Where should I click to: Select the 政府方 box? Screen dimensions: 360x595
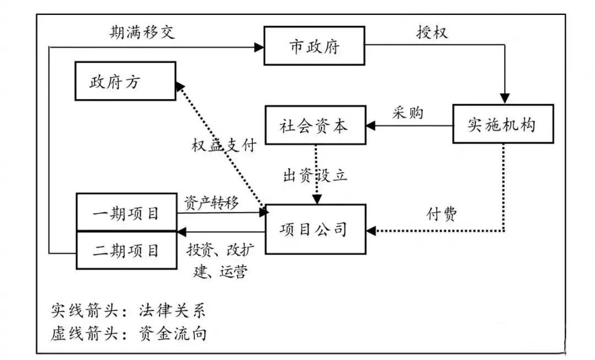pos(125,81)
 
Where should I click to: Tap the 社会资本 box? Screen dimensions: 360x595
pos(315,126)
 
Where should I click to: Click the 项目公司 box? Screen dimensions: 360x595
pos(315,229)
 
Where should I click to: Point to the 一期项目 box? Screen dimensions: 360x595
pos(126,212)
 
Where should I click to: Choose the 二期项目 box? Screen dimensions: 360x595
pos(126,250)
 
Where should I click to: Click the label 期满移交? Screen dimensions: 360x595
pos(142,32)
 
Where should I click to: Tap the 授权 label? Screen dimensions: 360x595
pos(432,32)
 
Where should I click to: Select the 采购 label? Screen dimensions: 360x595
pos(408,113)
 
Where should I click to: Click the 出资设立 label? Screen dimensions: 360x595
pos(315,175)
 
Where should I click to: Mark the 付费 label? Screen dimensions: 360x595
pos(442,213)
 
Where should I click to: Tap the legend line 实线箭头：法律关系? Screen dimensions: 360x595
pos(128,310)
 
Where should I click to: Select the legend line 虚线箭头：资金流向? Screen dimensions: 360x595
pos(129,334)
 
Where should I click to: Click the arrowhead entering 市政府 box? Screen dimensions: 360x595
pos(259,47)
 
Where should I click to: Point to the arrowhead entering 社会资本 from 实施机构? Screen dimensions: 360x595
pos(370,126)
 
